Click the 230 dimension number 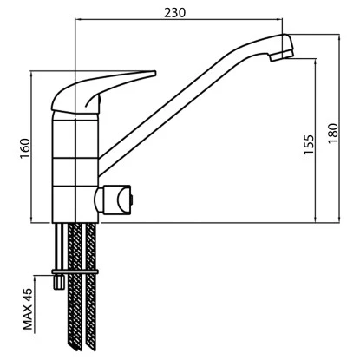175,12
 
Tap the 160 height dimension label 25,148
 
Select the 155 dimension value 309,144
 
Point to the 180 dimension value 333,134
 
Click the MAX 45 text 28,309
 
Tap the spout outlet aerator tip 281,56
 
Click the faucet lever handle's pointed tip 154,73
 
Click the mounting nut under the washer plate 58,281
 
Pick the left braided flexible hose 75,287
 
